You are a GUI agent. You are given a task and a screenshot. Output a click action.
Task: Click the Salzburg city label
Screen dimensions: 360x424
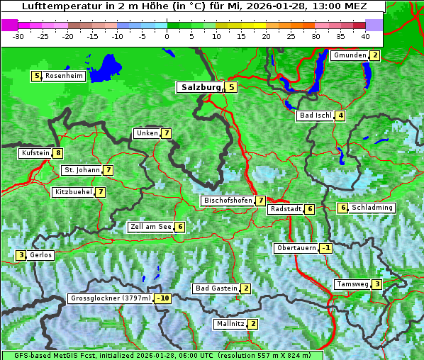[x=200, y=87]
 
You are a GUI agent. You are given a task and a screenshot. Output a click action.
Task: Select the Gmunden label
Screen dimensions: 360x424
[x=349, y=55]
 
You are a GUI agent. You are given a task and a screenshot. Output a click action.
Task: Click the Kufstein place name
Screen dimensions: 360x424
[x=35, y=153]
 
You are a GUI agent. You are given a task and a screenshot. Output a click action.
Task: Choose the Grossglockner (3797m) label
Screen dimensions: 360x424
[x=111, y=298]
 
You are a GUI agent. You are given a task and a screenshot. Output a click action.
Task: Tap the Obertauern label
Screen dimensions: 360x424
[x=296, y=248]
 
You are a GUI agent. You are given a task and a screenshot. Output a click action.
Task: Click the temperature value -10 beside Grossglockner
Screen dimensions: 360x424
[x=164, y=298]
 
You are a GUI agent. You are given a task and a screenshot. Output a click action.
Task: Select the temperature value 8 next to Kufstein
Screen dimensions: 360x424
[x=57, y=153]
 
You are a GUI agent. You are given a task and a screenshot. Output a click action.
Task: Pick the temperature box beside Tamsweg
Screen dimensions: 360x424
[x=376, y=284]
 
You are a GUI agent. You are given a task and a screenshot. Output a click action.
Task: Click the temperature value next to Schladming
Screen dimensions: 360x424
[x=342, y=208]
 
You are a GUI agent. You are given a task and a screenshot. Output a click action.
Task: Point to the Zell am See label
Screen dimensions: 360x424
[x=150, y=227]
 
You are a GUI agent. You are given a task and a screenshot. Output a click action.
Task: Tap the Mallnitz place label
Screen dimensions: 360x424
[x=230, y=324]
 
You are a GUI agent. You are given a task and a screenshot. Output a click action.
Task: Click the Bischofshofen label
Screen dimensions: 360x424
[x=228, y=201]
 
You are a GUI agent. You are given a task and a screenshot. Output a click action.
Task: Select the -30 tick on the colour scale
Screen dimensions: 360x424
[x=18, y=35]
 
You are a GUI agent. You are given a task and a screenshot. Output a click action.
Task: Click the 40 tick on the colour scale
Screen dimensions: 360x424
[x=365, y=35]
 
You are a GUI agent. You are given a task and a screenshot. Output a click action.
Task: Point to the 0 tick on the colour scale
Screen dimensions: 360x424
[x=167, y=35]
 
